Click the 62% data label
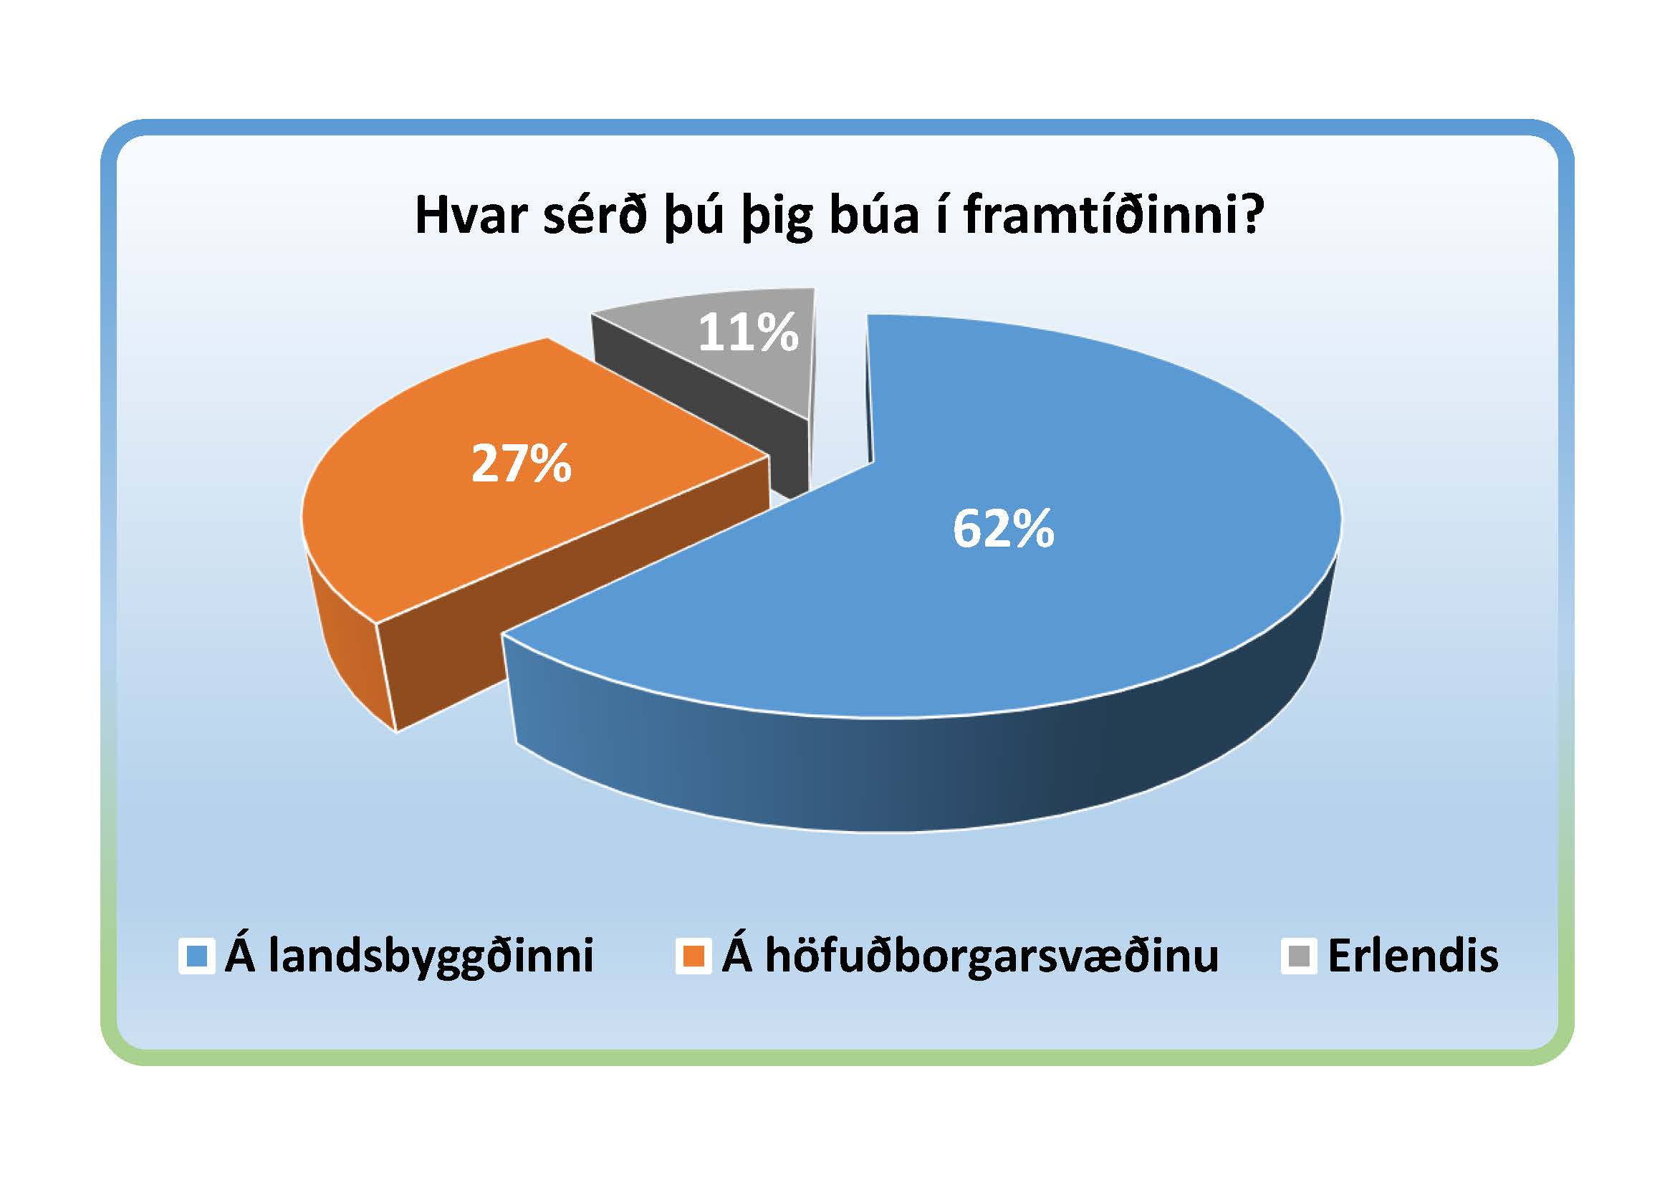1003,528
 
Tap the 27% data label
521,464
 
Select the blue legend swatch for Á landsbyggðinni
197,956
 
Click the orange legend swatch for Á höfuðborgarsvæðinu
693,956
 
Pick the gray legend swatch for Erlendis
1299,956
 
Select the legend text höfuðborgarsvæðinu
992,956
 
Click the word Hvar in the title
472,215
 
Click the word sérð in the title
595,215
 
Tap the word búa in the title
874,215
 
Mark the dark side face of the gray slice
701,408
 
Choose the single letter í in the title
942,215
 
